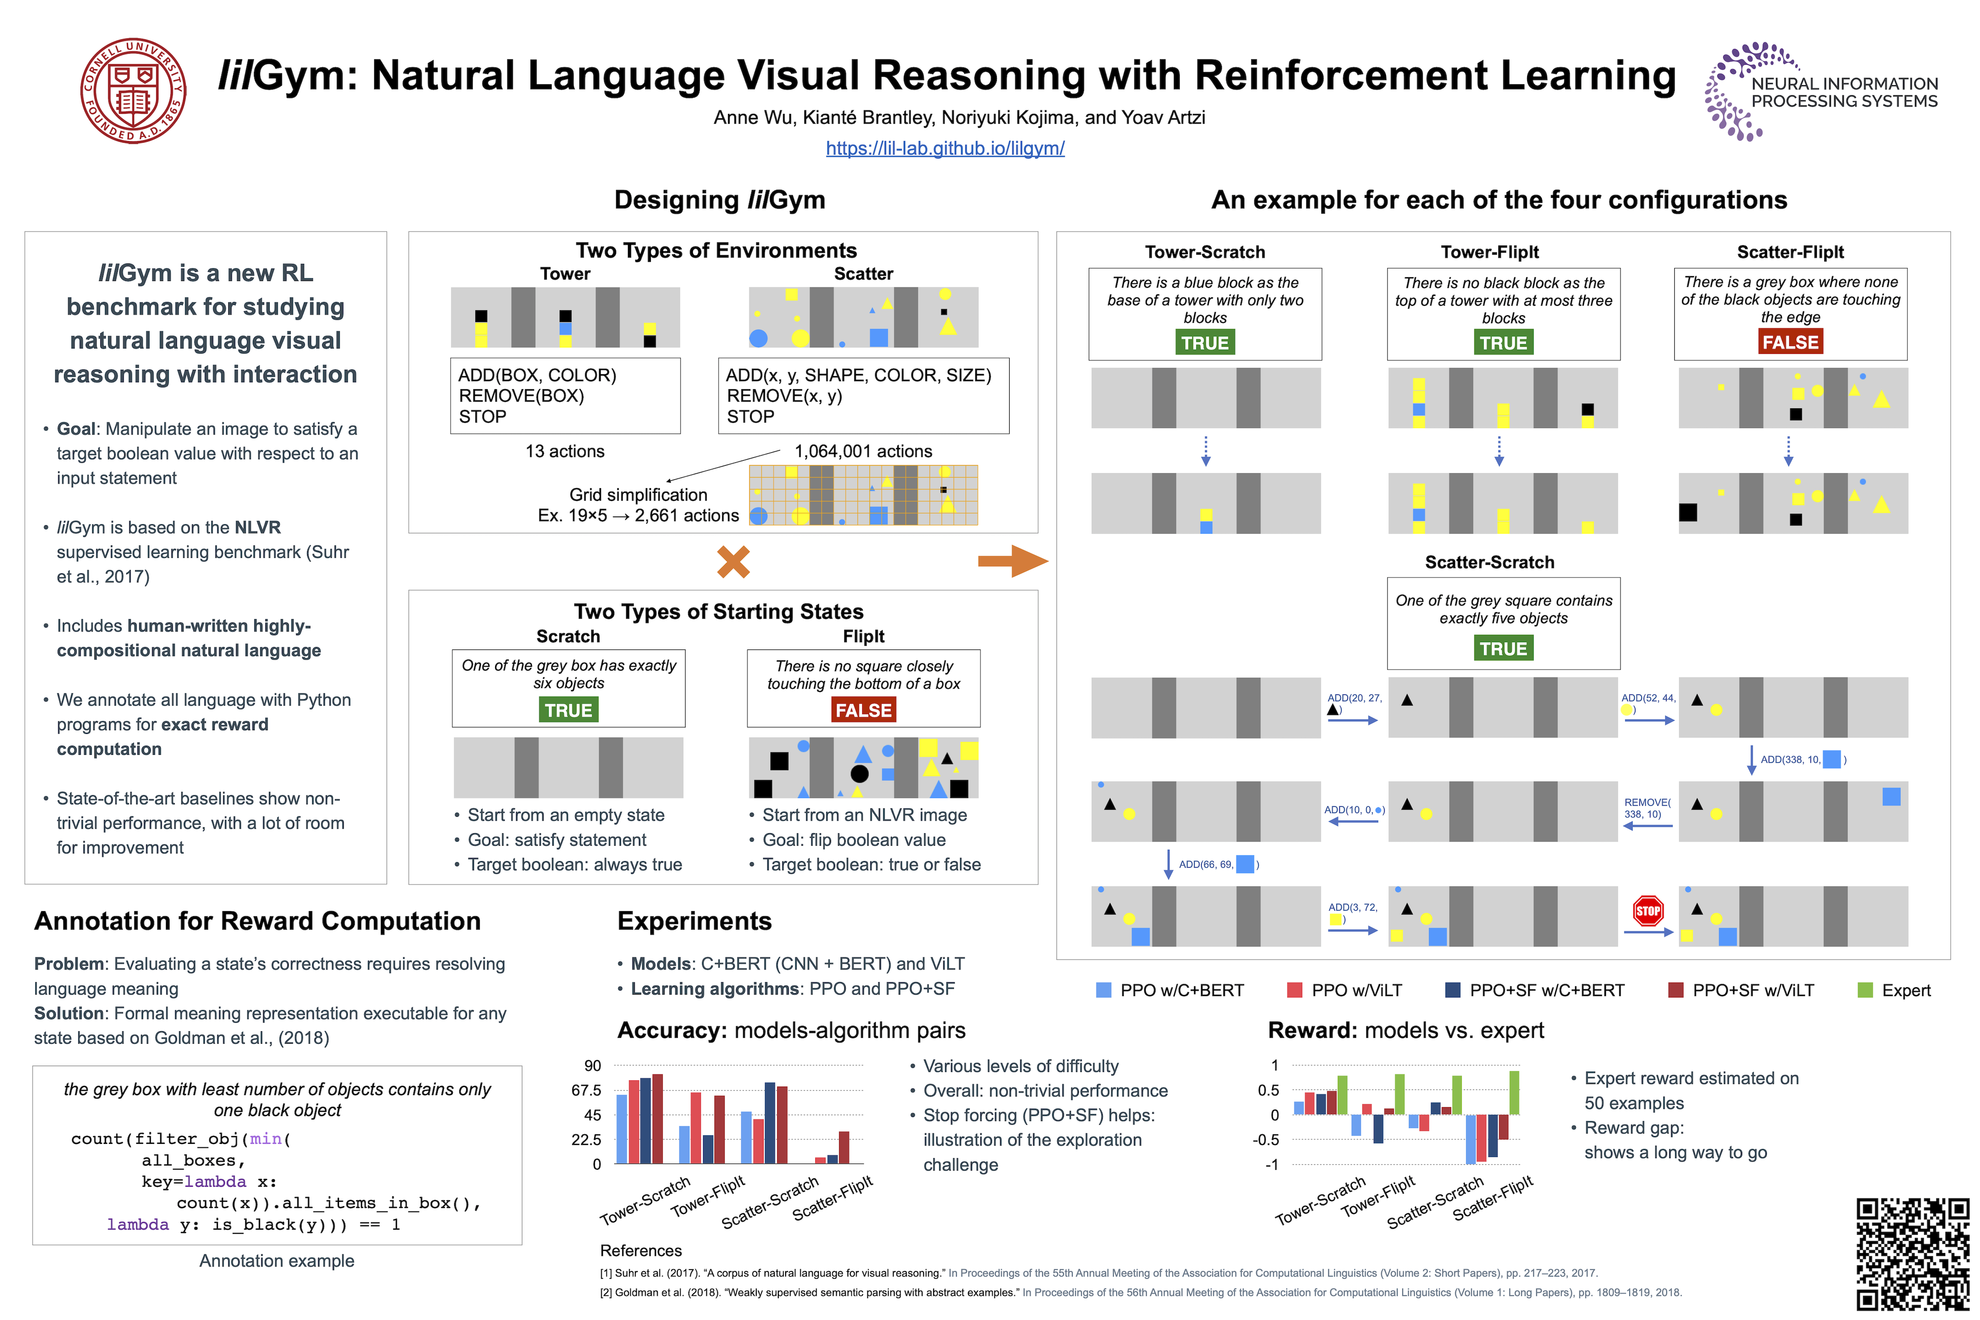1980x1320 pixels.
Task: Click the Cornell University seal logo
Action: tap(133, 91)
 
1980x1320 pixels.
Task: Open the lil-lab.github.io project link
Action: tap(945, 148)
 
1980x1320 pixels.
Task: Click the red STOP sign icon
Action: tap(1647, 910)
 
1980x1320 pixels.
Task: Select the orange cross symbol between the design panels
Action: tap(733, 561)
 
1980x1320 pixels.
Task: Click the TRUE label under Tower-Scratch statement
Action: tap(1204, 343)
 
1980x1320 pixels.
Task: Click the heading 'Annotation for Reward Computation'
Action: tap(258, 921)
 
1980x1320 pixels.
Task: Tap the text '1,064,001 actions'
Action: tap(863, 451)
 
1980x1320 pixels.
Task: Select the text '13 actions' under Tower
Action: tap(565, 451)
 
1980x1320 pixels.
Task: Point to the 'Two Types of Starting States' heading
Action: tap(718, 611)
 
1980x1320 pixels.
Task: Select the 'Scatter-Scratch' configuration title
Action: tap(1489, 562)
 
